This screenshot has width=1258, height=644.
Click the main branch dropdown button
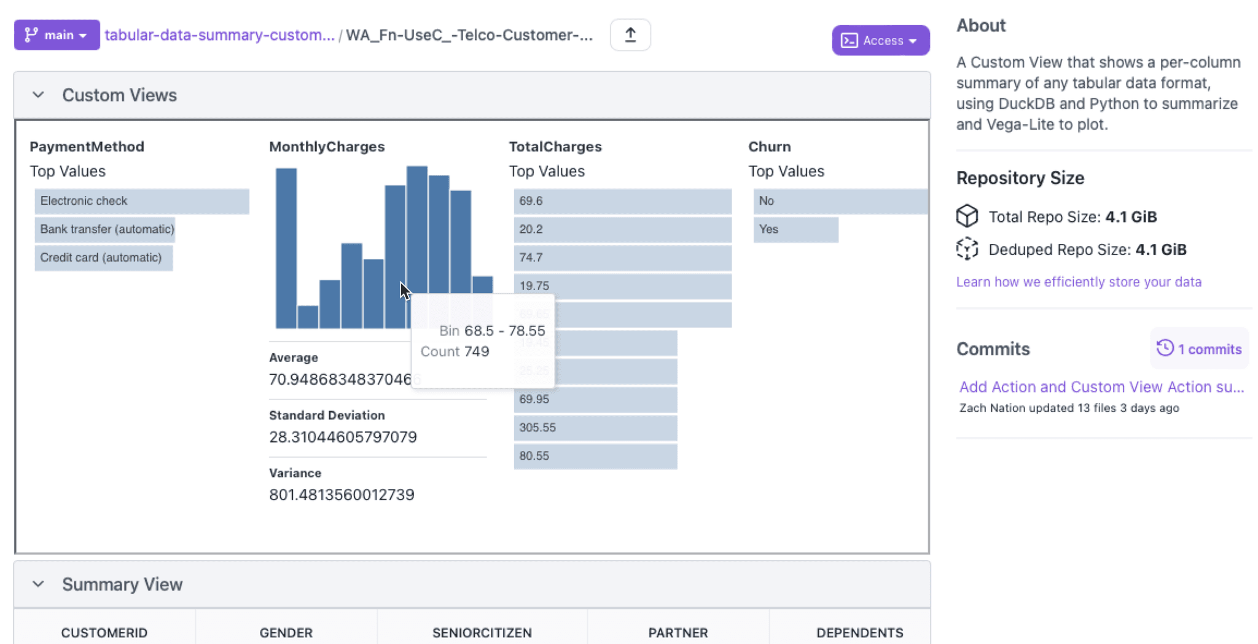coord(57,35)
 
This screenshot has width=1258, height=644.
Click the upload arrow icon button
coord(630,35)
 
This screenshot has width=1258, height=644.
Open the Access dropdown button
coord(880,41)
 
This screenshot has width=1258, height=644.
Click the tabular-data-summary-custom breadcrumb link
coord(219,35)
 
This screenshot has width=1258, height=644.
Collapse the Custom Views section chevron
coord(38,95)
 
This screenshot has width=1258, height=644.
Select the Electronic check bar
coord(141,201)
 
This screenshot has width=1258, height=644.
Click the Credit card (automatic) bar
coord(103,257)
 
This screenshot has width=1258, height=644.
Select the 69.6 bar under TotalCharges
coord(622,201)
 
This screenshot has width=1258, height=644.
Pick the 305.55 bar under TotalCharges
coord(595,428)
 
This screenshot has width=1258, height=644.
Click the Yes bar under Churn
coord(795,229)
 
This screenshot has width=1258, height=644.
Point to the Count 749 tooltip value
coord(476,351)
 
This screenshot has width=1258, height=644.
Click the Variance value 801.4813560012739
coord(342,495)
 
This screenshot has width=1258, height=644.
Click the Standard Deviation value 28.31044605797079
coord(343,437)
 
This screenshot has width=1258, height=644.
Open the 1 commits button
coord(1199,349)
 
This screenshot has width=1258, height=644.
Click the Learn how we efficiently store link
coord(1079,282)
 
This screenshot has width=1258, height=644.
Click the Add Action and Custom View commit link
coord(1101,387)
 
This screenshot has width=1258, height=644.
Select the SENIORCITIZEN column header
coord(482,632)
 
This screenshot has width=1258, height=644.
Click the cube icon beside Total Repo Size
coord(967,216)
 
